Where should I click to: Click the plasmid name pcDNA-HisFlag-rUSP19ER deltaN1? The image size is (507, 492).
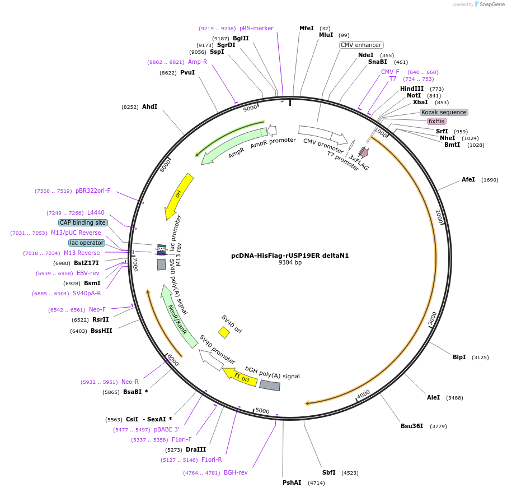click(x=290, y=256)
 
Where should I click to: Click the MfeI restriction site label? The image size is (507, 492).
click(x=306, y=28)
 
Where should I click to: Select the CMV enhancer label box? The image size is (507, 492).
click(x=361, y=45)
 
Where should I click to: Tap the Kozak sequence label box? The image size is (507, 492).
click(x=444, y=112)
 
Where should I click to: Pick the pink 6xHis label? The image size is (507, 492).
click(x=436, y=121)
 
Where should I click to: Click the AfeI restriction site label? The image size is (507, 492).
click(x=468, y=179)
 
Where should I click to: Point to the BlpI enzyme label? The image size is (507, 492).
click(x=459, y=357)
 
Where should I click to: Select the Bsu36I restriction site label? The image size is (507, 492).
click(x=411, y=426)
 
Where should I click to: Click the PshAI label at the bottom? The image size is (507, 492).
click(x=292, y=482)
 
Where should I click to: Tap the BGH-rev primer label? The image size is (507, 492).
click(x=235, y=472)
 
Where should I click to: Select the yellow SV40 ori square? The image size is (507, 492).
click(x=224, y=332)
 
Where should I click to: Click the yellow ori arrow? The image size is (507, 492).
click(x=179, y=196)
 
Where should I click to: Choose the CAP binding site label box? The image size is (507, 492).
click(x=83, y=222)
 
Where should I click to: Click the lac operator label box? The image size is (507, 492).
click(x=87, y=243)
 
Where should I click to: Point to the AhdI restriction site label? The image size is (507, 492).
click(x=149, y=106)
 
